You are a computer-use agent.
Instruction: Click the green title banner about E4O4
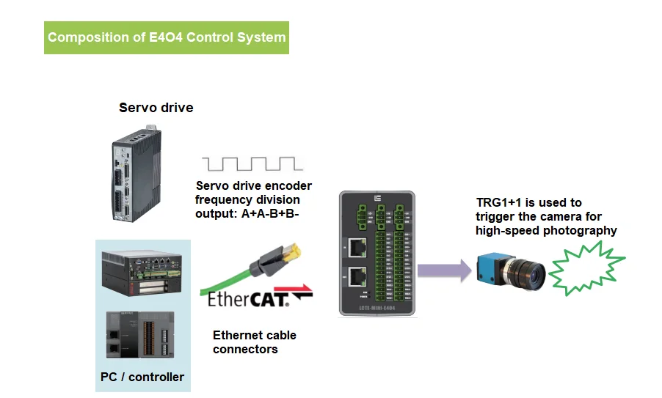[x=167, y=37]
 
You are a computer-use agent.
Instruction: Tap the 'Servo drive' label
[x=156, y=108]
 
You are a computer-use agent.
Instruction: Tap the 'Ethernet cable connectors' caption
[x=254, y=342]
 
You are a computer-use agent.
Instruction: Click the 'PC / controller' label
[x=142, y=377]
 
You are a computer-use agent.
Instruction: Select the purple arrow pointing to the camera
[x=444, y=270]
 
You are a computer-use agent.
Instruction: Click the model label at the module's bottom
[x=377, y=309]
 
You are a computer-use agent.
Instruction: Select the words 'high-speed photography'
[x=546, y=230]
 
